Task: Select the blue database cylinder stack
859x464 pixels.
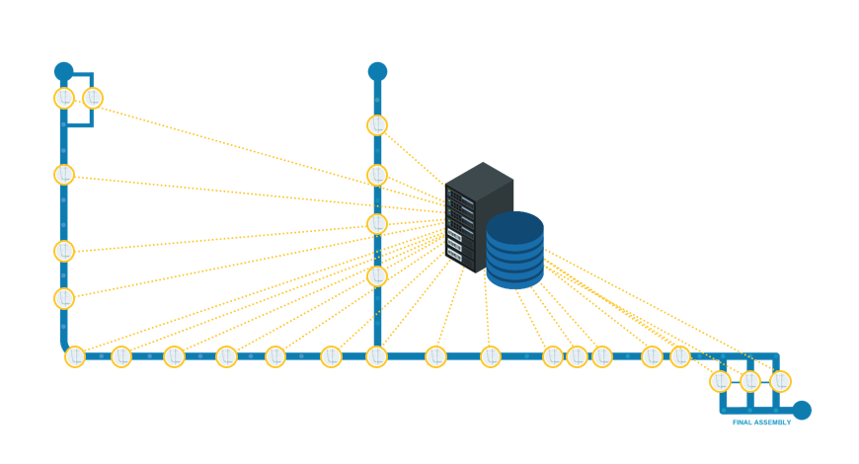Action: pyautogui.click(x=514, y=251)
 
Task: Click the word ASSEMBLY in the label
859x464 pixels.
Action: pyautogui.click(x=773, y=423)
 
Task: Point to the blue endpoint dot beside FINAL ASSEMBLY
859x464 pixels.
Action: pyautogui.click(x=802, y=410)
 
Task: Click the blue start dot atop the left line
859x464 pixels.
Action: pyautogui.click(x=64, y=71)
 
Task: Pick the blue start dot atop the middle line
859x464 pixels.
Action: pyautogui.click(x=377, y=71)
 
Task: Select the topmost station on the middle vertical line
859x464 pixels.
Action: pyautogui.click(x=377, y=125)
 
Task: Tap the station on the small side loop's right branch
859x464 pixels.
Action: pyautogui.click(x=93, y=98)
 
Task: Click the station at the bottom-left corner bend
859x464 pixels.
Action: pyautogui.click(x=75, y=356)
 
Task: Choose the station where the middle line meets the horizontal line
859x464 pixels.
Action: pyautogui.click(x=377, y=356)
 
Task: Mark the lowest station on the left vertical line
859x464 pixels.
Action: pyautogui.click(x=64, y=297)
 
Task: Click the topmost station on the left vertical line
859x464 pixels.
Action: pyautogui.click(x=64, y=98)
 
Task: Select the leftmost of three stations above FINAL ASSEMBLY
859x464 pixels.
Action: pyautogui.click(x=721, y=380)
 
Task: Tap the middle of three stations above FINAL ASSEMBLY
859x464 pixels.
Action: pyautogui.click(x=750, y=380)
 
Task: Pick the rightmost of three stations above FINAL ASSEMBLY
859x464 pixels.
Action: pyautogui.click(x=781, y=380)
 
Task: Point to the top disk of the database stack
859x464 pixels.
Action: pyautogui.click(x=514, y=225)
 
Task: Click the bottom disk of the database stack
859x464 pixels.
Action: pyautogui.click(x=514, y=277)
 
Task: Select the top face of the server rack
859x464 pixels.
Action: pyautogui.click(x=480, y=178)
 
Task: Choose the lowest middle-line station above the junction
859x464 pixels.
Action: pyautogui.click(x=377, y=275)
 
